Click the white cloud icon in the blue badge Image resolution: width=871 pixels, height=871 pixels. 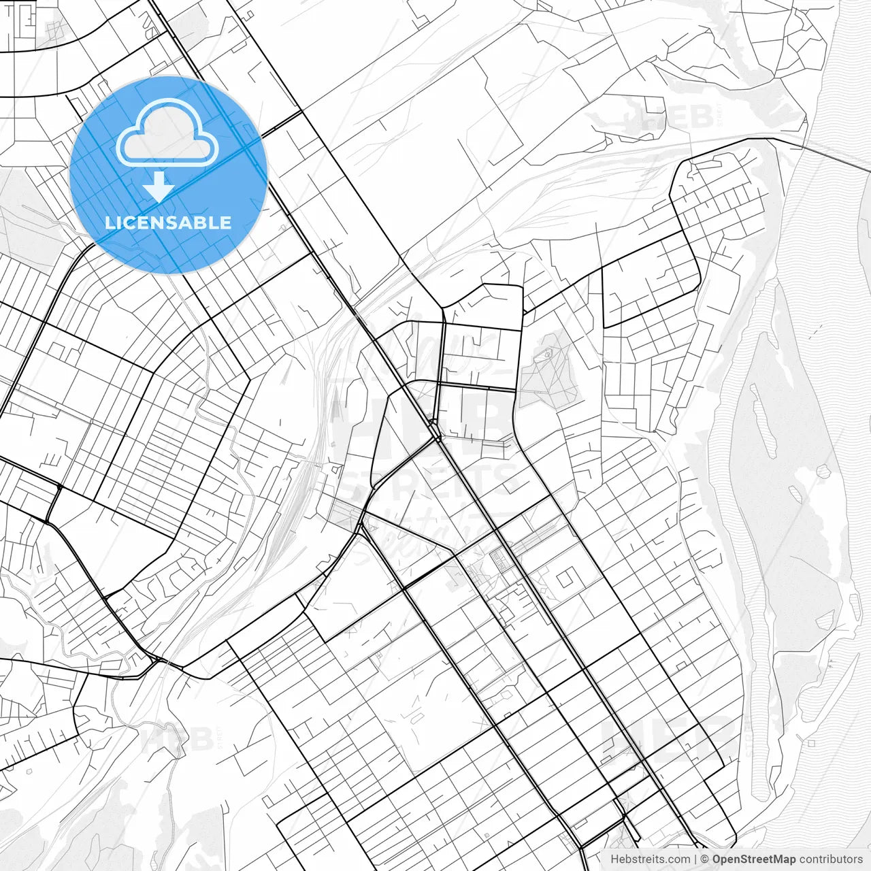pos(167,133)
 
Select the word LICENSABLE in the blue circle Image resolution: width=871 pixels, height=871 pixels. pos(168,223)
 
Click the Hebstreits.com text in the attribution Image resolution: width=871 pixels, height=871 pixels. pos(650,859)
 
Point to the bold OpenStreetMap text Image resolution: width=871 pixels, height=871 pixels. pos(753,859)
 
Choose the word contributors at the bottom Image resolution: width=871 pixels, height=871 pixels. pos(831,859)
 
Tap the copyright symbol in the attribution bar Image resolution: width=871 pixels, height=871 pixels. pos(705,859)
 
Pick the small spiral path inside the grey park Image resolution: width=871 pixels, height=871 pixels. pos(545,353)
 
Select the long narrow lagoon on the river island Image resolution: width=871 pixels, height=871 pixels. pos(761,422)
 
